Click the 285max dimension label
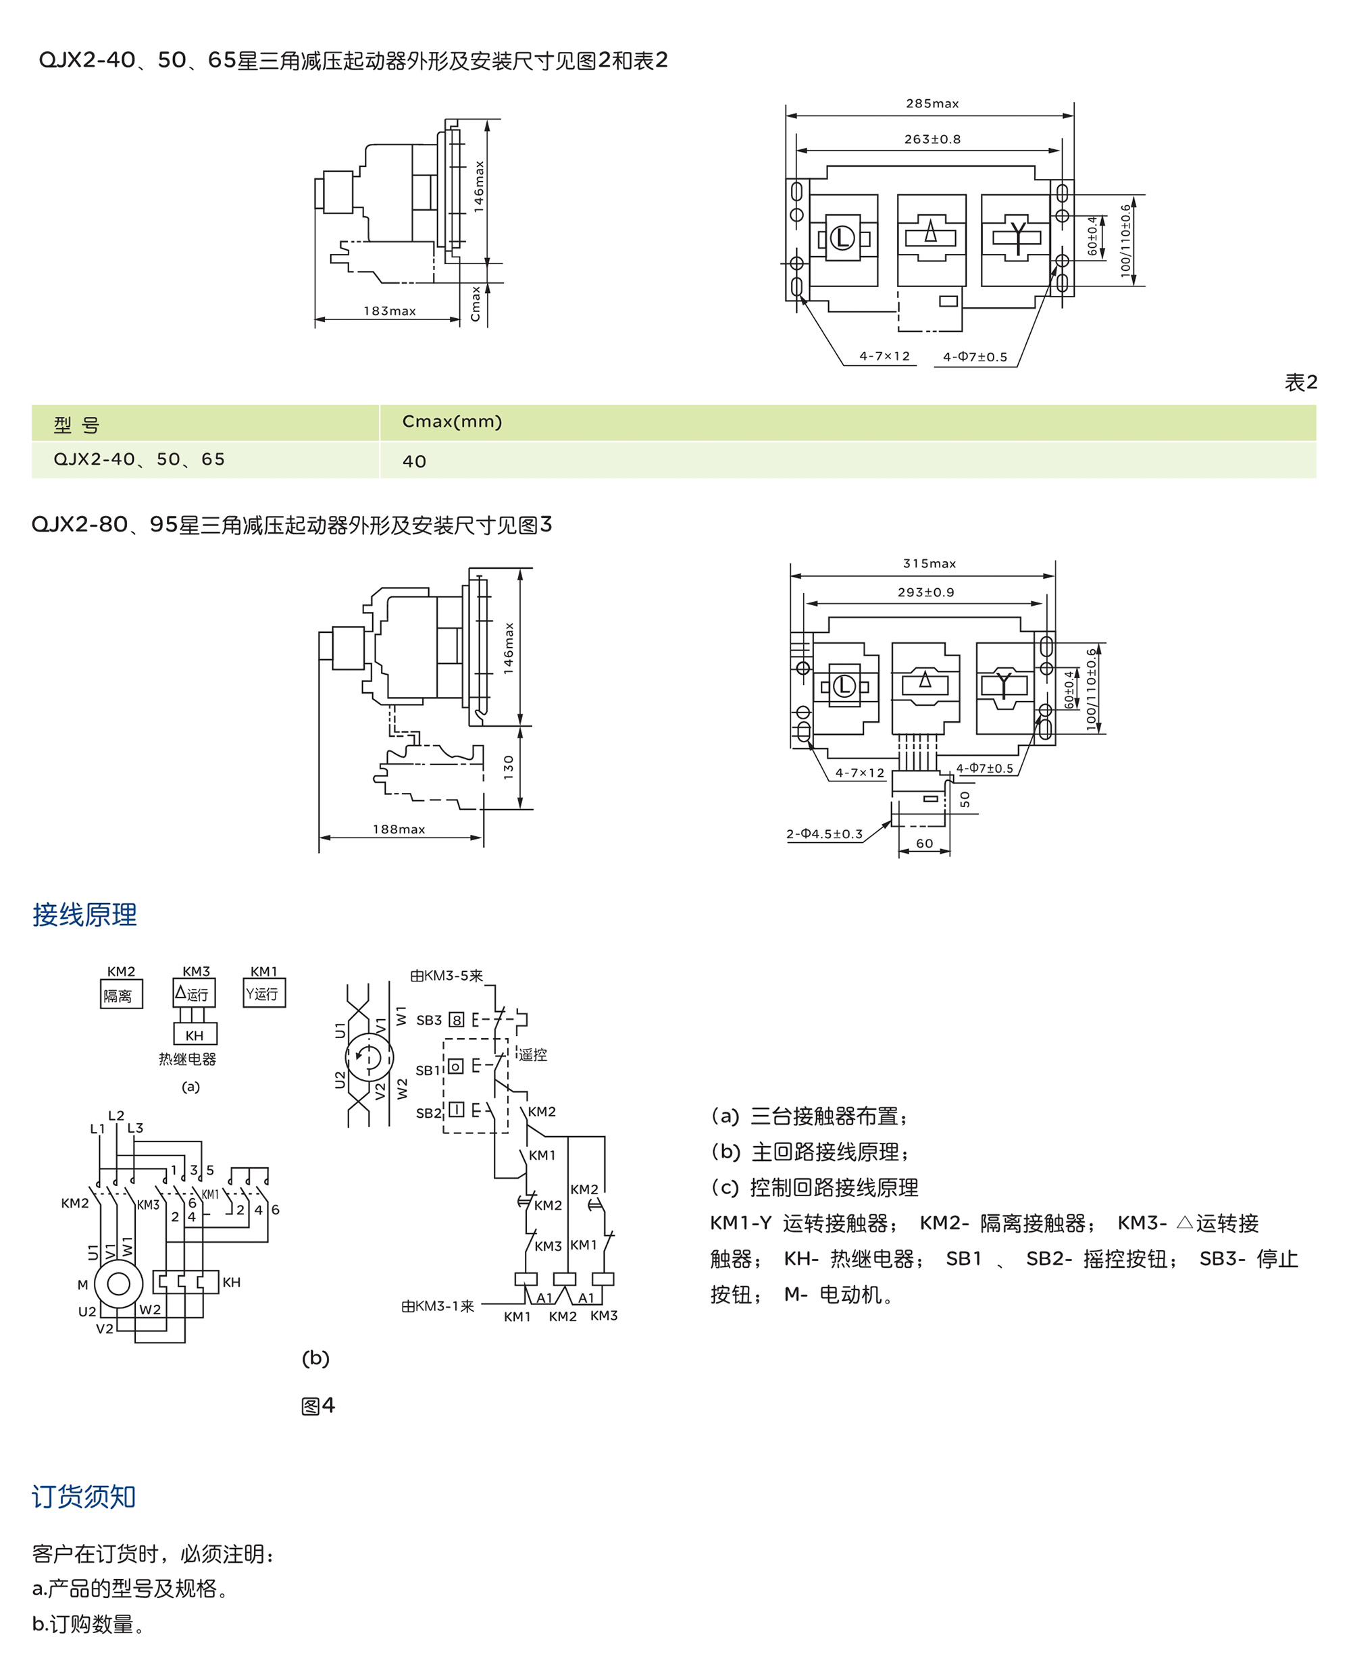[932, 103]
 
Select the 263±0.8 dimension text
[932, 139]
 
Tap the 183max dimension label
[389, 311]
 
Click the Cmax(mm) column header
[451, 421]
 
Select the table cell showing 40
[414, 461]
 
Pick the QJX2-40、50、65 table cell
[139, 460]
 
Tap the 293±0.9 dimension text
[925, 592]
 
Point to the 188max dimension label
[399, 829]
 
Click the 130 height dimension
[509, 767]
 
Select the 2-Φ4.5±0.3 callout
[824, 834]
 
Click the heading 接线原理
[84, 915]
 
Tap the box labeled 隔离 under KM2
[121, 996]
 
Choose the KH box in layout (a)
[195, 1035]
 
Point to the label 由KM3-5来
[446, 976]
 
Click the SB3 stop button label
[429, 1020]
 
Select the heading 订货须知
[84, 1496]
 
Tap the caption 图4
[317, 1406]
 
